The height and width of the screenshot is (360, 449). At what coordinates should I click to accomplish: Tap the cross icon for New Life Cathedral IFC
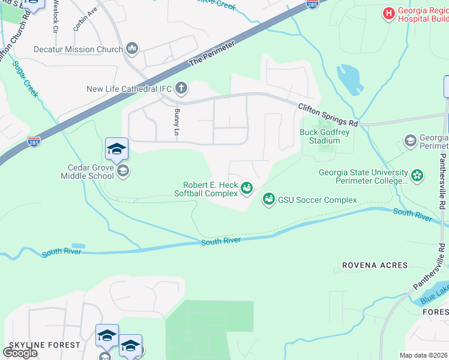[x=182, y=89]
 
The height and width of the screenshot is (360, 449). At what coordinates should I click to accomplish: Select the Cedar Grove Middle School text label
[x=87, y=172]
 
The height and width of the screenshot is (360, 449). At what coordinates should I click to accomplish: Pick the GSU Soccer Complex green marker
[x=268, y=199]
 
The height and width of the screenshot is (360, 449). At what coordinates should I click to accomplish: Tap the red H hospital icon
[x=389, y=13]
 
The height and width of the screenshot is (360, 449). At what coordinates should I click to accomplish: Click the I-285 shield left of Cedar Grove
[x=34, y=143]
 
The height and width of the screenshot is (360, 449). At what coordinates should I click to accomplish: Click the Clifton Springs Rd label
[x=328, y=114]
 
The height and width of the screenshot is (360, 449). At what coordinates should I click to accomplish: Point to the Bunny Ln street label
[x=177, y=121]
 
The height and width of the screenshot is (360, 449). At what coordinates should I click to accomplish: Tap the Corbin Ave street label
[x=85, y=20]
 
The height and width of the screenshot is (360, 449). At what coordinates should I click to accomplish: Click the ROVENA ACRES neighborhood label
[x=375, y=265]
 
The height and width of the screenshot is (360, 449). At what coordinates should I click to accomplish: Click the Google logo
[x=20, y=353]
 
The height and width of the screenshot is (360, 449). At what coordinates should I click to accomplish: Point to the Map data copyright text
[x=424, y=355]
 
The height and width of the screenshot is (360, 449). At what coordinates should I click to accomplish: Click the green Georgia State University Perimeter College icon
[x=417, y=176]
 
